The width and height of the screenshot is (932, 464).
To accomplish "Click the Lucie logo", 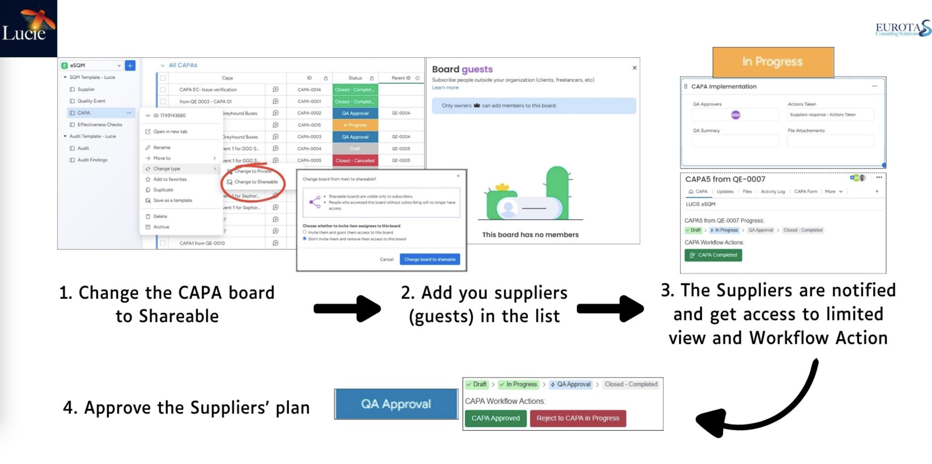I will point(28,28).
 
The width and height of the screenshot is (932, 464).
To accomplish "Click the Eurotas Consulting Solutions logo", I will point(903,28).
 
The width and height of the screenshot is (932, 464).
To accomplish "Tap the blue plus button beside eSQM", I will point(130,66).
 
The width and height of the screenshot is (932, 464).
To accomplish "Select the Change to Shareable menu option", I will point(256,182).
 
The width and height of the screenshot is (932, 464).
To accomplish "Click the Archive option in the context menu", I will point(161,227).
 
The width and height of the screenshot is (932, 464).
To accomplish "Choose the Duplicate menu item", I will point(163,190).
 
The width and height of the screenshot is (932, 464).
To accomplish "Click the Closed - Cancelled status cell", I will point(355,161).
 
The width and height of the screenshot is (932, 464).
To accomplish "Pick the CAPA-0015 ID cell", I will point(309,125).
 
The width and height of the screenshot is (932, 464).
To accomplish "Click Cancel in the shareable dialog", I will point(386,259).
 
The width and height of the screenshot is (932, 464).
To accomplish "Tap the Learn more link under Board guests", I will point(445,88).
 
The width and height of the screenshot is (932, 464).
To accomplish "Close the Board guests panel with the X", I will point(634,68).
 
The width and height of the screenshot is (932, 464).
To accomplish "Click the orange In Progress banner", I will point(773,62).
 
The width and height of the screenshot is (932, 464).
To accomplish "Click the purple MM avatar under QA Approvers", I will point(735,115).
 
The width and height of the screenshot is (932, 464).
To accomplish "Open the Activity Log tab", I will point(773,192).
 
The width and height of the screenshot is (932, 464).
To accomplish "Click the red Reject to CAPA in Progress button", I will point(577,418).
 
